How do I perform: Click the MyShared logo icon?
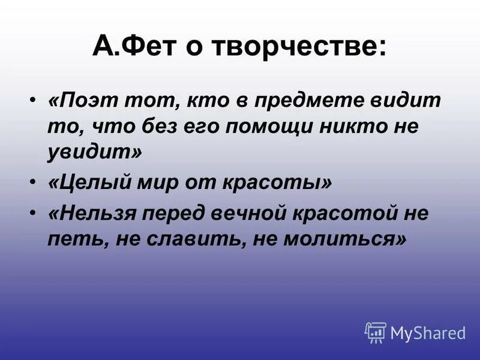tap(375, 332)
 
